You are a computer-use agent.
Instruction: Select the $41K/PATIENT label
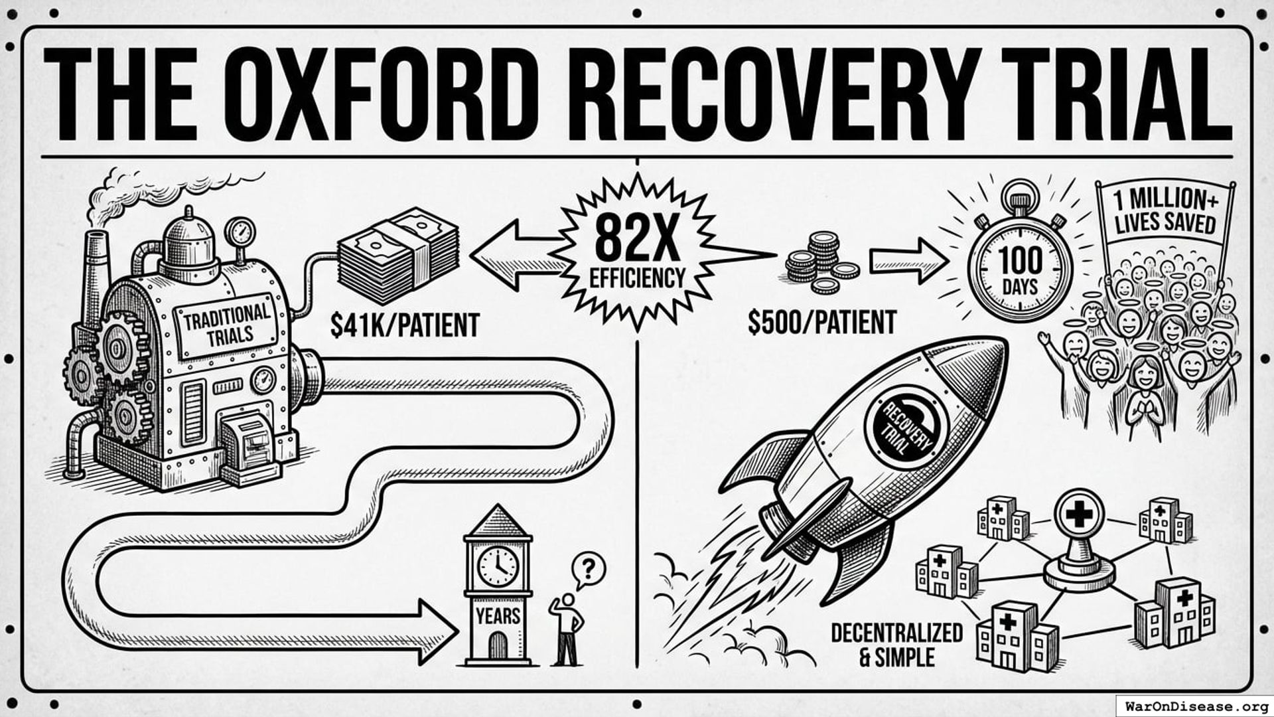point(404,325)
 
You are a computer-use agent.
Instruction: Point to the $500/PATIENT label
point(821,323)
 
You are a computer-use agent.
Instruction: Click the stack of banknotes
point(398,256)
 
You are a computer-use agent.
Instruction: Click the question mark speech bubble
point(588,569)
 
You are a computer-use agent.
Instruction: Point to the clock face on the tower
point(497,566)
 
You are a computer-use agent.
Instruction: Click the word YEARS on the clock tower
point(498,616)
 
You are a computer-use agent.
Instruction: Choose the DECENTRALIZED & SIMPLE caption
point(896,645)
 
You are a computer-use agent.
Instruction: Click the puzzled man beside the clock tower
point(567,629)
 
